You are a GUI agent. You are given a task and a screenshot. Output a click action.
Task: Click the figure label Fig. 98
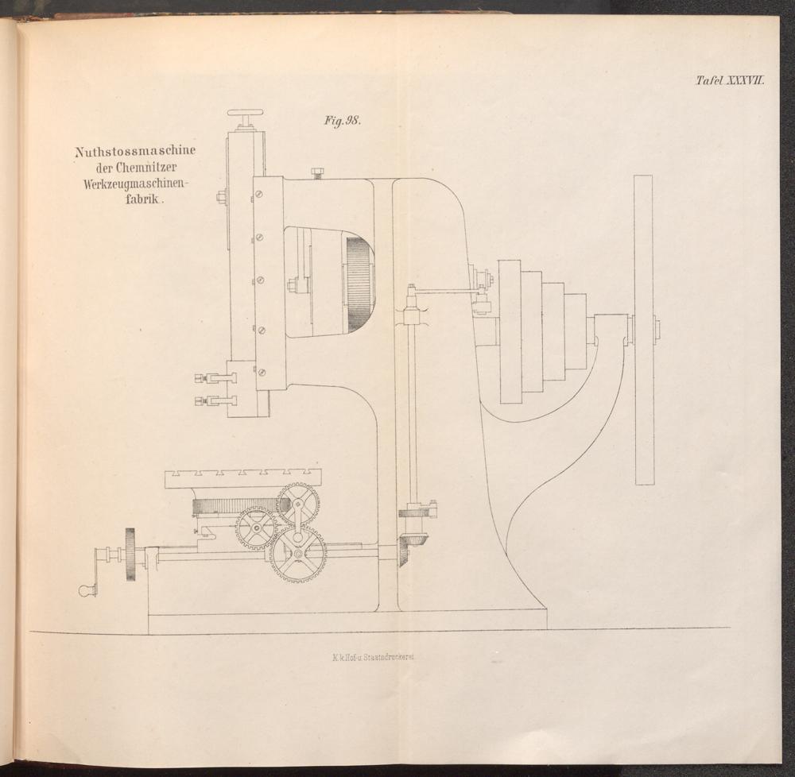(x=342, y=121)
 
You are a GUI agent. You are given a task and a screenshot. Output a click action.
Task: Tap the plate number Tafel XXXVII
(x=730, y=80)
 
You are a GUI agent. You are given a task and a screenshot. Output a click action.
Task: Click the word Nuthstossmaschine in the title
(x=135, y=152)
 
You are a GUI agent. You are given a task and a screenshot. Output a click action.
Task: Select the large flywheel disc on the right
(x=643, y=330)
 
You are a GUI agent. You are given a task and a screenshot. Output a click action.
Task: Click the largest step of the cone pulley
(x=510, y=331)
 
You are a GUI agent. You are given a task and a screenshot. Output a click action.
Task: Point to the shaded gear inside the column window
(x=360, y=286)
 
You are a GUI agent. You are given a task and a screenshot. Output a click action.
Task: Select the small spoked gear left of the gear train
(x=257, y=529)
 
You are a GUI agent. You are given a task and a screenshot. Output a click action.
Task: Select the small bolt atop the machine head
(x=319, y=172)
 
